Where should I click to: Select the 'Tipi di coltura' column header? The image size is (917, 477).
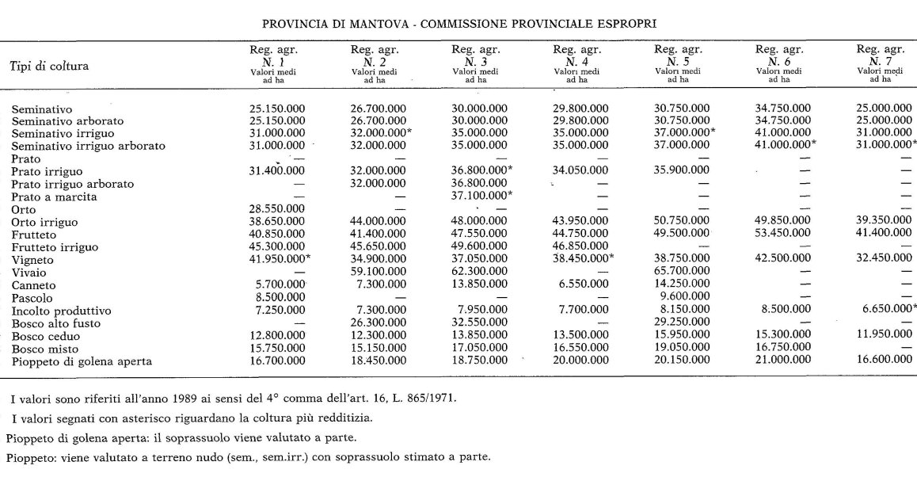50,64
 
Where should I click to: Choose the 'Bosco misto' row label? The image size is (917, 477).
44,349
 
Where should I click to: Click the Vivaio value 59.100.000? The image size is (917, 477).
379,271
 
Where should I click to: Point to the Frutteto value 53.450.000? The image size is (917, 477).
782,234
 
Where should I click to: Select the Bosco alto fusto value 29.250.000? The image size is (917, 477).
682,323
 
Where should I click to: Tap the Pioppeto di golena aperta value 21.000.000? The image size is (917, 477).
782,361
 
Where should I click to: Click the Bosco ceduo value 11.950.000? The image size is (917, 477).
881,336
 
